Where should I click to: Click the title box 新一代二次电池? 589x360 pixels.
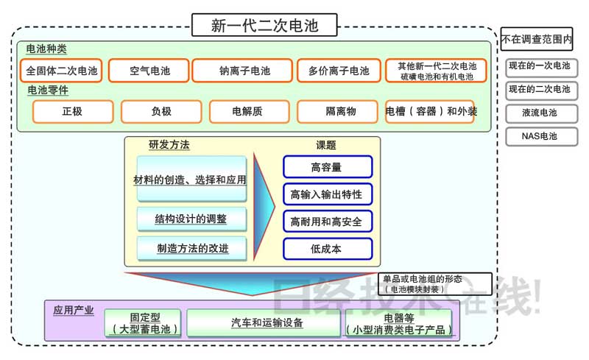click(265, 25)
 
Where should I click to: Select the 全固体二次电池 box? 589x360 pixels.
click(62, 71)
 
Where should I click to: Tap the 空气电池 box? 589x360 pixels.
click(149, 71)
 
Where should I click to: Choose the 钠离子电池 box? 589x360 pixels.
click(244, 71)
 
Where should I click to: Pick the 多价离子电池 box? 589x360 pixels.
click(339, 71)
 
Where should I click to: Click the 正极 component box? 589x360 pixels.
click(74, 111)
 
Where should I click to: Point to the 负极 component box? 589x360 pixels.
click(161, 111)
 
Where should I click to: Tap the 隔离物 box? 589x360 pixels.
click(340, 111)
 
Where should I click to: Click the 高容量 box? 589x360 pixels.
click(327, 167)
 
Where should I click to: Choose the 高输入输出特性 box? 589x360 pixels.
click(327, 194)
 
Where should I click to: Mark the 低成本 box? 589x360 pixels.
click(327, 249)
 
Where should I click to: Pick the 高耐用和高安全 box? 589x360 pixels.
click(327, 222)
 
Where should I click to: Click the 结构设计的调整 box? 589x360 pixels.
click(191, 219)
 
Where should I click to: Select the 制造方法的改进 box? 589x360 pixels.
click(191, 248)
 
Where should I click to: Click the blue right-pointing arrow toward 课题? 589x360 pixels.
click(266, 207)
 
